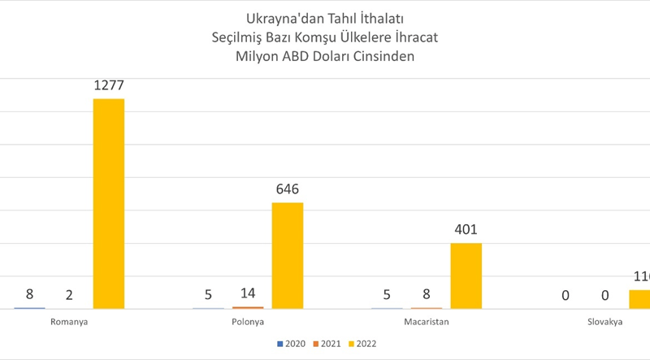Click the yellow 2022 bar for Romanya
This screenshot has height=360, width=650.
click(x=109, y=203)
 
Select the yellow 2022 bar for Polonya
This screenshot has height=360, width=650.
click(x=287, y=255)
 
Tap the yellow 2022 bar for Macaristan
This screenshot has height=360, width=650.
click(x=466, y=275)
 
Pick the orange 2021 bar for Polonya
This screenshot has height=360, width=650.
click(x=248, y=307)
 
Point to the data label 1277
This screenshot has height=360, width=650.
click(x=109, y=85)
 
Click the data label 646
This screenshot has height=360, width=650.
click(x=288, y=189)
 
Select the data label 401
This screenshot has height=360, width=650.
click(x=466, y=230)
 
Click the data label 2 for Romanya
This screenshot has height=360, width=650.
click(x=69, y=295)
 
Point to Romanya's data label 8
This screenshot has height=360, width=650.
click(x=29, y=295)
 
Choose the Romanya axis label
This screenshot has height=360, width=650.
click(x=69, y=322)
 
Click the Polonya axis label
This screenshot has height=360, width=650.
click(x=247, y=322)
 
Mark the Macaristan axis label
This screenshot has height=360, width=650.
click(x=426, y=322)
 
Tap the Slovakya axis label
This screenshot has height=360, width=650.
click(x=604, y=322)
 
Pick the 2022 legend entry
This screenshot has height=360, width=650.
click(x=366, y=344)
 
